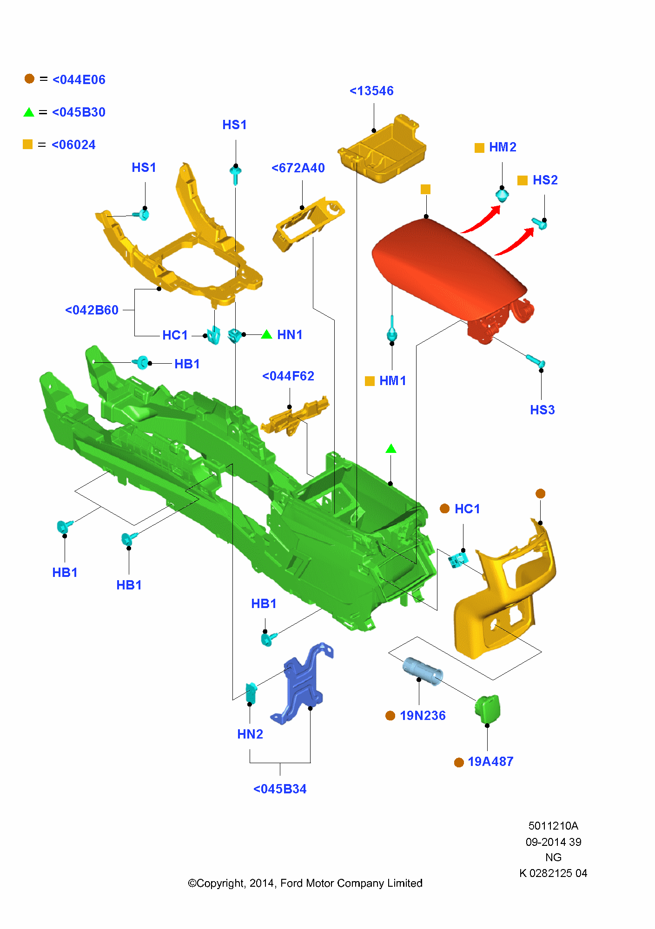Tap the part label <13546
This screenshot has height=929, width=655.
click(371, 91)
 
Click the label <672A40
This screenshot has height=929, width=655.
click(298, 168)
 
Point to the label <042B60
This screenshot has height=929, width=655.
click(92, 310)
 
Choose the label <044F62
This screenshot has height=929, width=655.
click(288, 376)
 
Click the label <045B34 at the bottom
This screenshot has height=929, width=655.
click(280, 789)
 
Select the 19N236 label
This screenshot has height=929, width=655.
click(423, 716)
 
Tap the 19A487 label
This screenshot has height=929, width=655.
click(490, 762)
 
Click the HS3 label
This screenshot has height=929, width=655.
click(543, 410)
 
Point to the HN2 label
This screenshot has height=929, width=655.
click(250, 734)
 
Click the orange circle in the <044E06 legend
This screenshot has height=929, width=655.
click(29, 79)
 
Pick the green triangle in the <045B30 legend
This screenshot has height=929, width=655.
click(29, 112)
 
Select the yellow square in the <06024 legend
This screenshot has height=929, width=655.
click(28, 144)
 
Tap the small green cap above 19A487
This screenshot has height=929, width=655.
click(487, 709)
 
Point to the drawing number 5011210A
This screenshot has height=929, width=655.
click(553, 826)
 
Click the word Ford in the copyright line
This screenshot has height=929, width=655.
click(292, 883)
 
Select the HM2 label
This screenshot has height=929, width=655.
click(503, 147)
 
